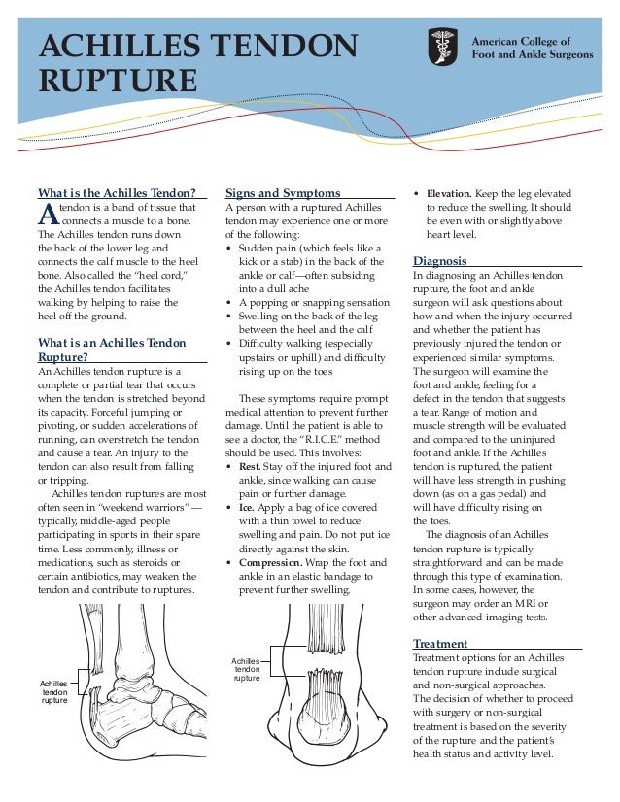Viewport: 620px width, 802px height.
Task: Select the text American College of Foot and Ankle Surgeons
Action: [531, 49]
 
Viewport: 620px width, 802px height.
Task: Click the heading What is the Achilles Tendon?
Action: [117, 192]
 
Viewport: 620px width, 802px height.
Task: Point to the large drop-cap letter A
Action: [46, 214]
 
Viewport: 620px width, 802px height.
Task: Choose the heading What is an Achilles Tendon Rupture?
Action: [110, 349]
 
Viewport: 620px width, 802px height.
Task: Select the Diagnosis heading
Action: [439, 261]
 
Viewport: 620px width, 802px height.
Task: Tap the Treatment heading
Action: [440, 643]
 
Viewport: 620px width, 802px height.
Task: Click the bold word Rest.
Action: [249, 466]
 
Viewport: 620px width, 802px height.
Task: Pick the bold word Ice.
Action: [247, 507]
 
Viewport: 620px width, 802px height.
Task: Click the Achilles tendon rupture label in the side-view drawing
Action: [53, 691]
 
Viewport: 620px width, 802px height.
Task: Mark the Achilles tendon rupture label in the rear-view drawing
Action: [247, 669]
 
